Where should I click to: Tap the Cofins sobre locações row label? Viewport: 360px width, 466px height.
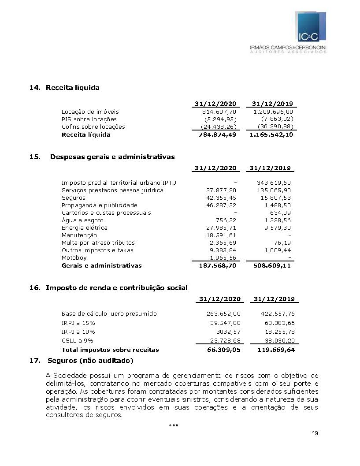93,127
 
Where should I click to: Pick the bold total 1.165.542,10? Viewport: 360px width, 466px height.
271,134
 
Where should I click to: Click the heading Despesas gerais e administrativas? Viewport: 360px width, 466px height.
112,157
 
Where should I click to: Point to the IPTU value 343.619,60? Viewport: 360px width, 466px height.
274,183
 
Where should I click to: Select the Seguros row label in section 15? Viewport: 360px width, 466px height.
73,198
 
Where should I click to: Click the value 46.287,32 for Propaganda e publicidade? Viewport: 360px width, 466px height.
221,205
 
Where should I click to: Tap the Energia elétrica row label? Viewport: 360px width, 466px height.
84,228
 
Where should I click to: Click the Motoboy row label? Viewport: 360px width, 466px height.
74,258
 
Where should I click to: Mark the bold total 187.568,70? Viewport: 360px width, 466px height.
215,266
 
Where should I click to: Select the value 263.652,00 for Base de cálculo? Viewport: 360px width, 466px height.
223,314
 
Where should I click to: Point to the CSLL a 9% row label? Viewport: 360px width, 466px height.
77,341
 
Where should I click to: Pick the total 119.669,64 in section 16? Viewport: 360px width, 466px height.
276,350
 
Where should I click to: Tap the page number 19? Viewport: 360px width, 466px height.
315,433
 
